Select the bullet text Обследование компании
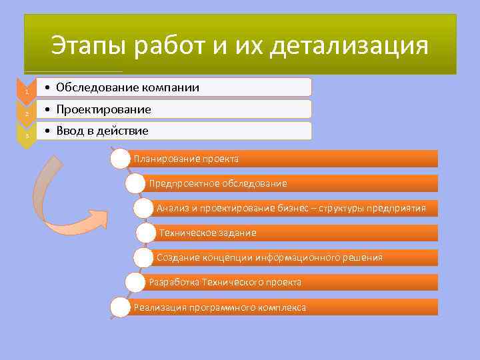coord(127,87)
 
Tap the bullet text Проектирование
coord(103,109)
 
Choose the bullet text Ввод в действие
coord(102,130)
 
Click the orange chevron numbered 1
coord(26,90)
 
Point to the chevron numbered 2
coord(26,112)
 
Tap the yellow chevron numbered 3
coord(26,134)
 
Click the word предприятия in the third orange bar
coord(399,208)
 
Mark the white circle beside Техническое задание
coord(145,233)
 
